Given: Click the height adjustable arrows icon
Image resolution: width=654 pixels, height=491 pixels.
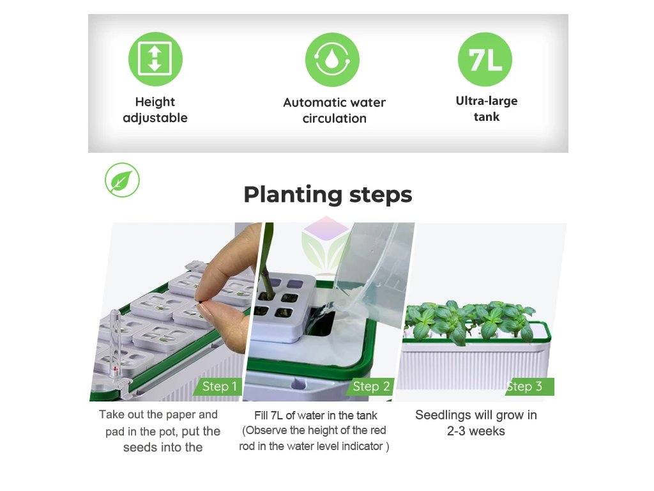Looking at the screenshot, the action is pyautogui.click(x=155, y=59).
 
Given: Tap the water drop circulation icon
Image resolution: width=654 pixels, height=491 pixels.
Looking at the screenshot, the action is pyautogui.click(x=332, y=59).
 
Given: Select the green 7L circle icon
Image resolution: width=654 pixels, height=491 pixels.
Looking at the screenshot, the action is pyautogui.click(x=485, y=59).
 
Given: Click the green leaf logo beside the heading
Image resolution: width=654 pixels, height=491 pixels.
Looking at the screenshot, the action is pyautogui.click(x=122, y=180).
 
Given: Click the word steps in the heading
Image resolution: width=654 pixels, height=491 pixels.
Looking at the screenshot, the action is pyautogui.click(x=381, y=195).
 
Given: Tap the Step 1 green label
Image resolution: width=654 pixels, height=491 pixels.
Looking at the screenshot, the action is pyautogui.click(x=218, y=386).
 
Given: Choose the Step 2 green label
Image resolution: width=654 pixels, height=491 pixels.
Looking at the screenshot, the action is pyautogui.click(x=370, y=386).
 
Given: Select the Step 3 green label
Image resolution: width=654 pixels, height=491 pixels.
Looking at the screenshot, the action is pyautogui.click(x=529, y=386).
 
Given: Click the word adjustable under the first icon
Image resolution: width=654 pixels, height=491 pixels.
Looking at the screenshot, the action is pyautogui.click(x=155, y=118).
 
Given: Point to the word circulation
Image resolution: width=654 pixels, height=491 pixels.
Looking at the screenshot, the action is pyautogui.click(x=335, y=118).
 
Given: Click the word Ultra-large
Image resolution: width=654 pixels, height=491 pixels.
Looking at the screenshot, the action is pyautogui.click(x=486, y=101).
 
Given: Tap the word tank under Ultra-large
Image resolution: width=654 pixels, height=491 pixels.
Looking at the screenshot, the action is pyautogui.click(x=486, y=116).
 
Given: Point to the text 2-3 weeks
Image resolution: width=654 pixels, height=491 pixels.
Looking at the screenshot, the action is pyautogui.click(x=475, y=431).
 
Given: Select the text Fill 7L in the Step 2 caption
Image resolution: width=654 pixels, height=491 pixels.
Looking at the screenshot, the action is pyautogui.click(x=269, y=416).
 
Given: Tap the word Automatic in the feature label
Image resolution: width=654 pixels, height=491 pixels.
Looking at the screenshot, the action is pyautogui.click(x=310, y=102).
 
